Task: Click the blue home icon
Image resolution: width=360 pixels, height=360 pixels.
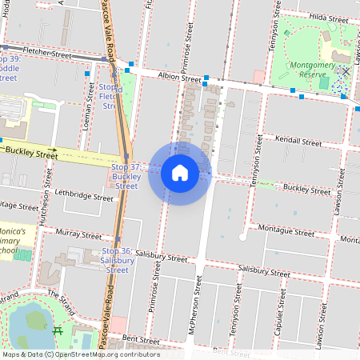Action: pyautogui.click(x=179, y=173)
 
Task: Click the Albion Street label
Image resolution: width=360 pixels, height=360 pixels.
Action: pyautogui.click(x=180, y=78)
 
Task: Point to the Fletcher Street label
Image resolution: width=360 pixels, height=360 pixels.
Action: pyautogui.click(x=48, y=52)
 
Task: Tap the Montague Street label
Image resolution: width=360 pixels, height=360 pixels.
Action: pyautogui.click(x=287, y=231)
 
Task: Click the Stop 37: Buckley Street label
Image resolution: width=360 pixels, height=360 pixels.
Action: pyautogui.click(x=126, y=176)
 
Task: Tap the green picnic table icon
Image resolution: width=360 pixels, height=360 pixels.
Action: pyautogui.click(x=58, y=330)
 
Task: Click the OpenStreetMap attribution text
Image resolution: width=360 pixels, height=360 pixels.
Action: pyautogui.click(x=81, y=354)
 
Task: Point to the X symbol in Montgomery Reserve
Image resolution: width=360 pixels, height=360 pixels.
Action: pyautogui.click(x=346, y=72)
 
